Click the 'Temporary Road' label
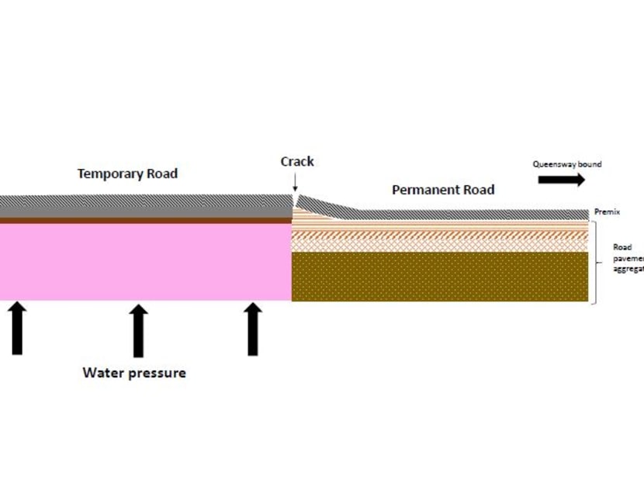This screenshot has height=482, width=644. coord(127,173)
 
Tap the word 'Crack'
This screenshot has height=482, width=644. coord(297,161)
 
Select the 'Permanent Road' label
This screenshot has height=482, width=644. coord(442,189)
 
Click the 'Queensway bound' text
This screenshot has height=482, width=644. coord(566,164)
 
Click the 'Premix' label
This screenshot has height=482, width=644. coord(605,212)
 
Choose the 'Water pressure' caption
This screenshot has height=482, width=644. coord(134,373)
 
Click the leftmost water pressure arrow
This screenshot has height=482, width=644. coord(17,329)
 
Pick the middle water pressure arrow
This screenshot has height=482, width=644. coord(138,330)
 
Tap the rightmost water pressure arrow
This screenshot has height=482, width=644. coord(252,329)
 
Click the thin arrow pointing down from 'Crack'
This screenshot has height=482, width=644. coord(295,183)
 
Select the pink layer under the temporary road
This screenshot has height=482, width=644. coord(145,262)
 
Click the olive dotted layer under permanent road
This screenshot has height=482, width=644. coord(439,276)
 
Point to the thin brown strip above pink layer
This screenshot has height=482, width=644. coord(145,220)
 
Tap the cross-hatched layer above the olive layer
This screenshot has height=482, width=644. coord(439,243)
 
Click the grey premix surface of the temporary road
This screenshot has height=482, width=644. coord(145,206)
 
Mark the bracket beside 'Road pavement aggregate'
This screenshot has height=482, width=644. coord(595,262)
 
